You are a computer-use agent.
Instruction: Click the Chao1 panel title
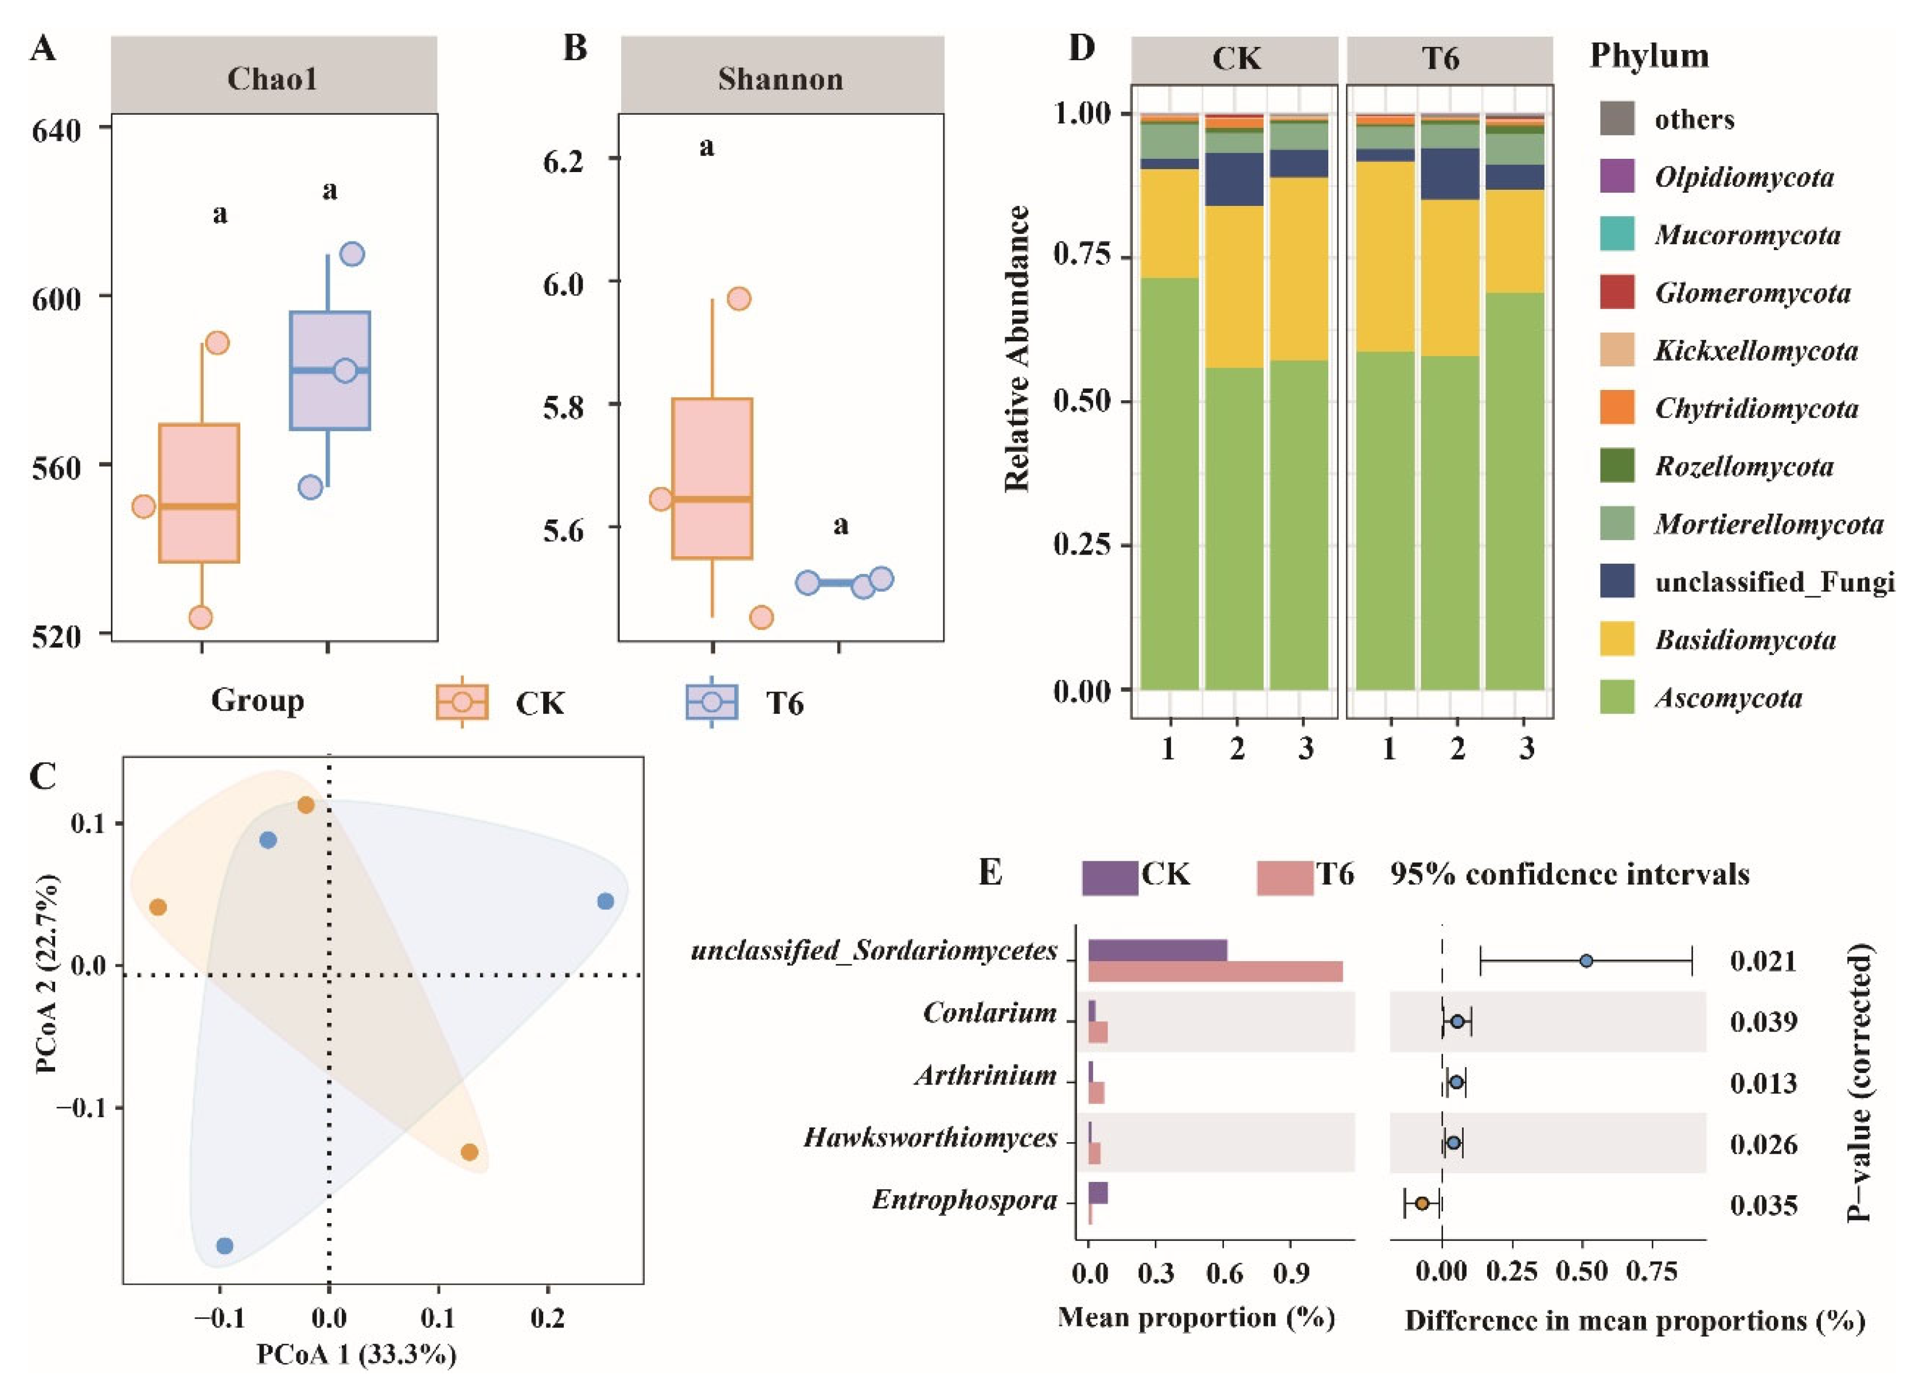coord(272,79)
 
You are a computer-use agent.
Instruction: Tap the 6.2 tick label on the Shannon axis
coord(564,160)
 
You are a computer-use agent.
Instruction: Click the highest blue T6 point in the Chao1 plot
coord(352,254)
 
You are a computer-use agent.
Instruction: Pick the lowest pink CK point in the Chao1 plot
coord(201,618)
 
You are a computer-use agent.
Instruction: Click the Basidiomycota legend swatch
coord(1617,639)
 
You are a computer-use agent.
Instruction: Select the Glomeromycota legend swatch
coord(1617,292)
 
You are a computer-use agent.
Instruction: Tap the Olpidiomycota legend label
coord(1744,178)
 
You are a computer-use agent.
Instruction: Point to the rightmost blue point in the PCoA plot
coord(605,901)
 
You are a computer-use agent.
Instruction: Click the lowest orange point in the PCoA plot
coord(470,1152)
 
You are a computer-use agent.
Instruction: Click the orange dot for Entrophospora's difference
coord(1422,1203)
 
